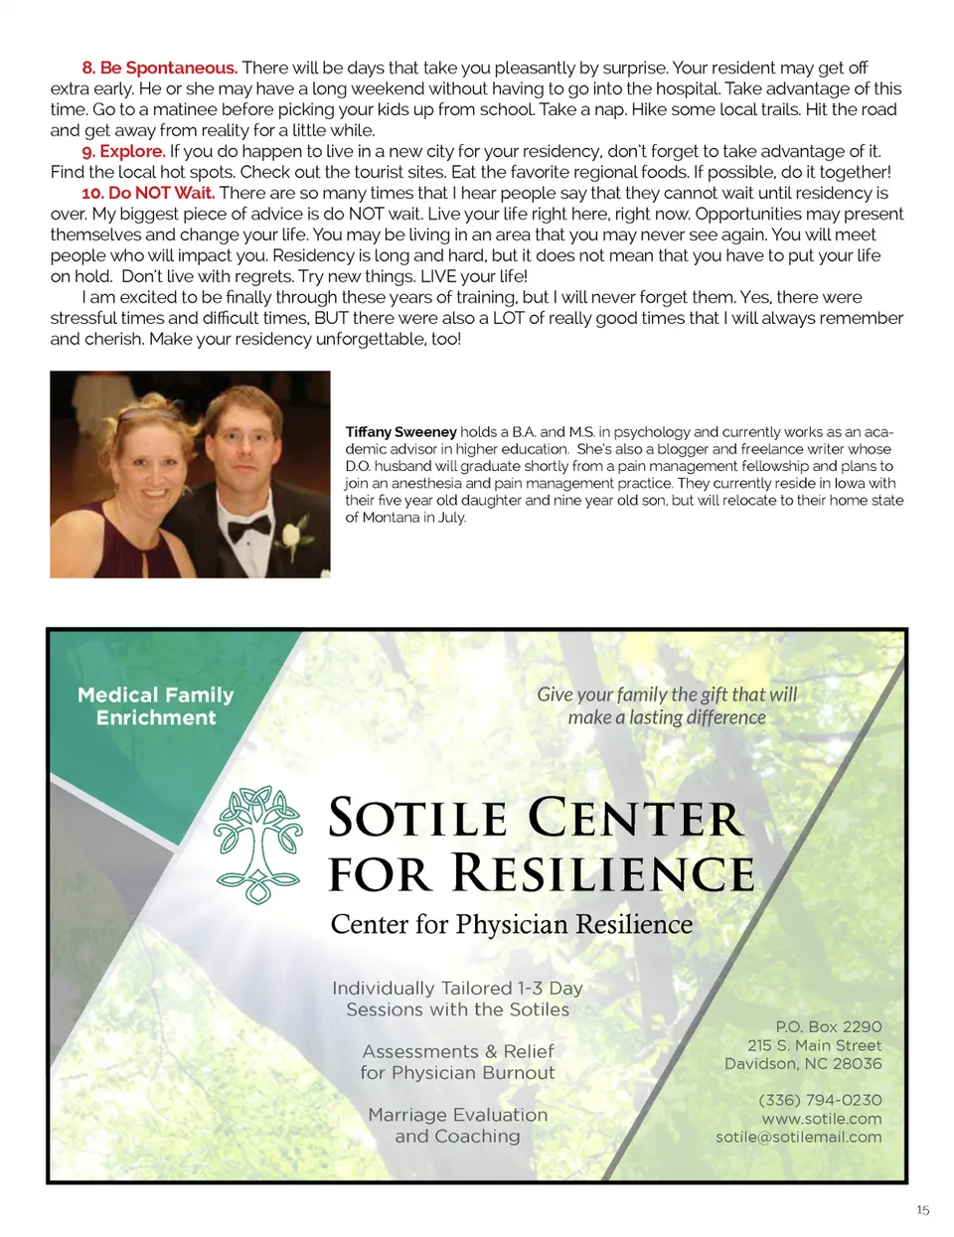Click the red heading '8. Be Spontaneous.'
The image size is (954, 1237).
[x=159, y=68]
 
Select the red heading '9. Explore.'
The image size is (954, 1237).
[x=123, y=151]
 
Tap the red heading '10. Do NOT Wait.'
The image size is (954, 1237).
[x=148, y=193]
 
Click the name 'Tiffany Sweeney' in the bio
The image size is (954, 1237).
[x=400, y=431]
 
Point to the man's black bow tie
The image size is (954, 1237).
[x=248, y=528]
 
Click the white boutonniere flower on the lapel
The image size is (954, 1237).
[x=292, y=538]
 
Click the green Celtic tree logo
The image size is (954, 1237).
[x=258, y=845]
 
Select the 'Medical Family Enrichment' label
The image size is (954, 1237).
[x=156, y=706]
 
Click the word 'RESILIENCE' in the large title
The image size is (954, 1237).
[x=603, y=874]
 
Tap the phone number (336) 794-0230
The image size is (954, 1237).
[x=820, y=1100]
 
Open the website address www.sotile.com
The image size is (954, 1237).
[x=822, y=1119]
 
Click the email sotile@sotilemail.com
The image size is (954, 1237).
[x=799, y=1137]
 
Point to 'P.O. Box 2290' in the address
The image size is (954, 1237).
[x=829, y=1026]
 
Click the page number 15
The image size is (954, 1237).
[x=922, y=1210]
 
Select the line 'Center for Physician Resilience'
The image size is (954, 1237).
[x=512, y=925]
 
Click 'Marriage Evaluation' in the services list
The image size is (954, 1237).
[x=458, y=1115]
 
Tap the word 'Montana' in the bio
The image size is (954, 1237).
[x=393, y=517]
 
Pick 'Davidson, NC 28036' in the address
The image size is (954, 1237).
[x=803, y=1063]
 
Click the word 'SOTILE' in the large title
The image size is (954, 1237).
[x=418, y=820]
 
